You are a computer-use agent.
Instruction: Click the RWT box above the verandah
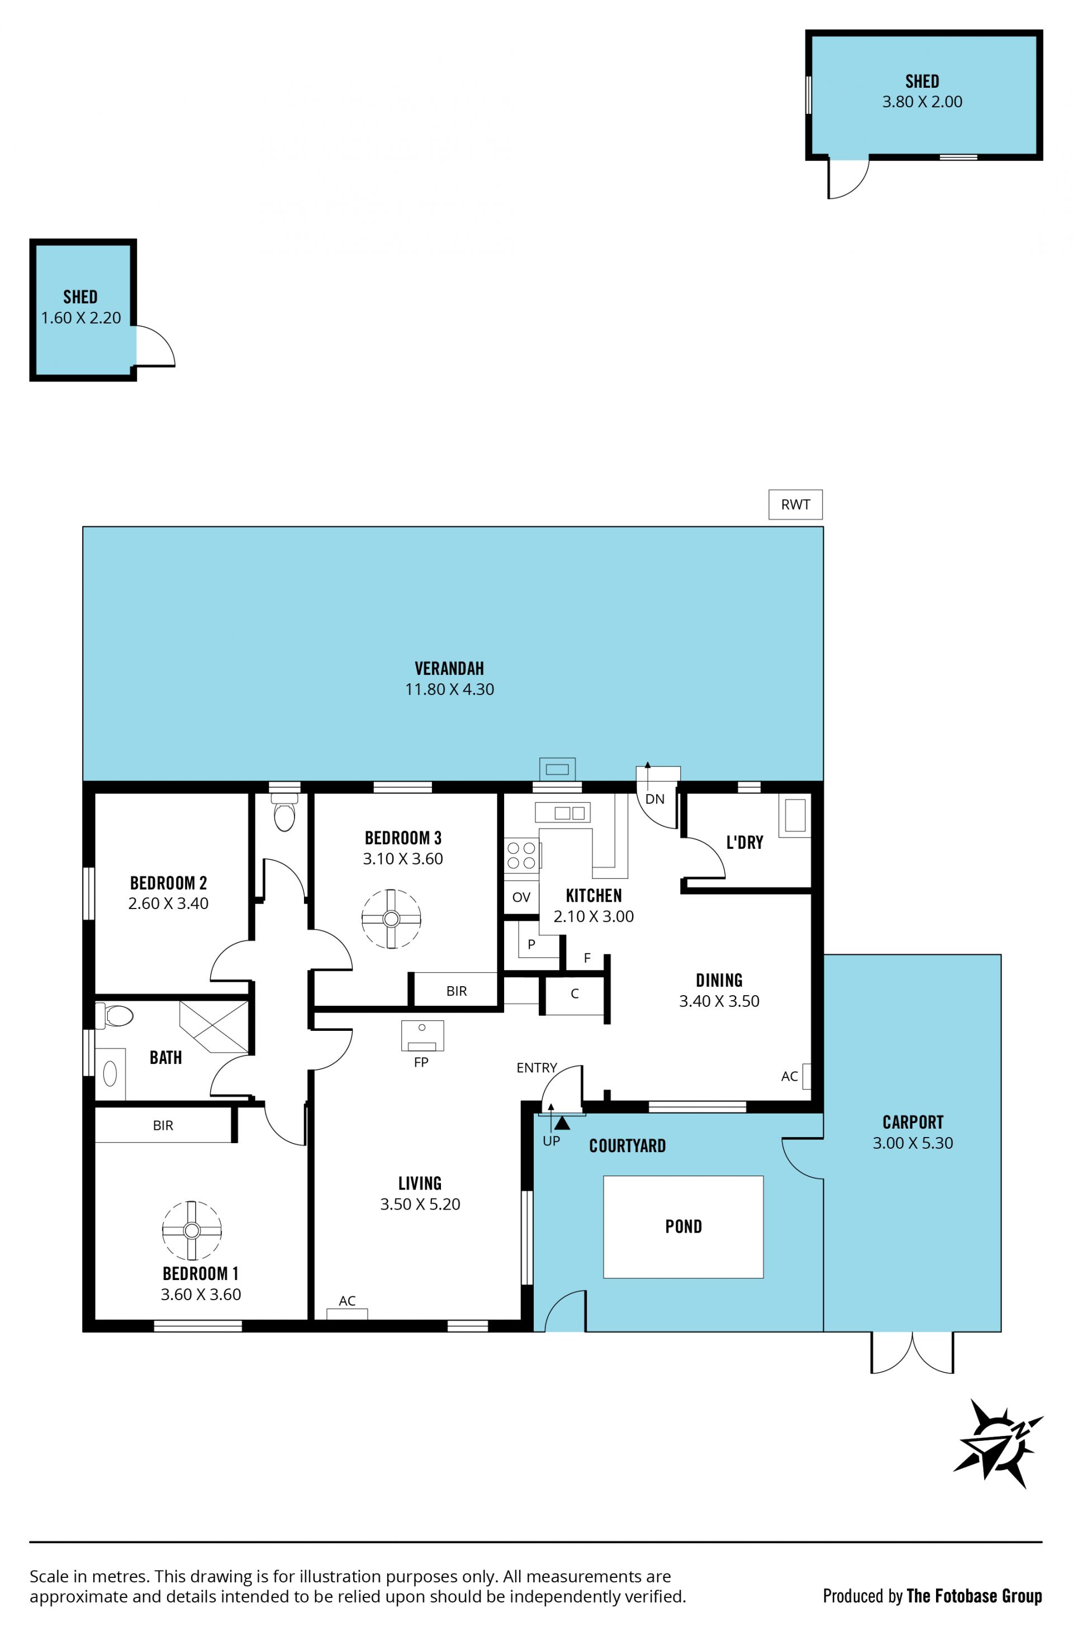tap(795, 505)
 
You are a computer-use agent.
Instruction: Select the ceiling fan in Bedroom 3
tap(391, 919)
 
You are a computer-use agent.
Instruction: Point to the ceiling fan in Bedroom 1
tap(192, 1230)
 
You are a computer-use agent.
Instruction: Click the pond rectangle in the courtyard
tap(683, 1227)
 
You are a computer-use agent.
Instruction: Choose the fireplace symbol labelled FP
tap(422, 1035)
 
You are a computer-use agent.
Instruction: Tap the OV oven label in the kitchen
tap(521, 897)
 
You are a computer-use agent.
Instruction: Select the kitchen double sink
tap(562, 812)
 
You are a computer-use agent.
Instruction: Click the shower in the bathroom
tap(214, 1027)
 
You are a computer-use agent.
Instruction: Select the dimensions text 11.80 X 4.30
tap(449, 689)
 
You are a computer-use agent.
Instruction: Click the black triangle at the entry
tap(562, 1123)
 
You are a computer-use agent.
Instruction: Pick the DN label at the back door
tap(655, 799)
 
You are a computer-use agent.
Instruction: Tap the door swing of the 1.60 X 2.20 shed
tap(156, 346)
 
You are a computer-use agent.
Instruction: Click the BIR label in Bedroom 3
tap(457, 991)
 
